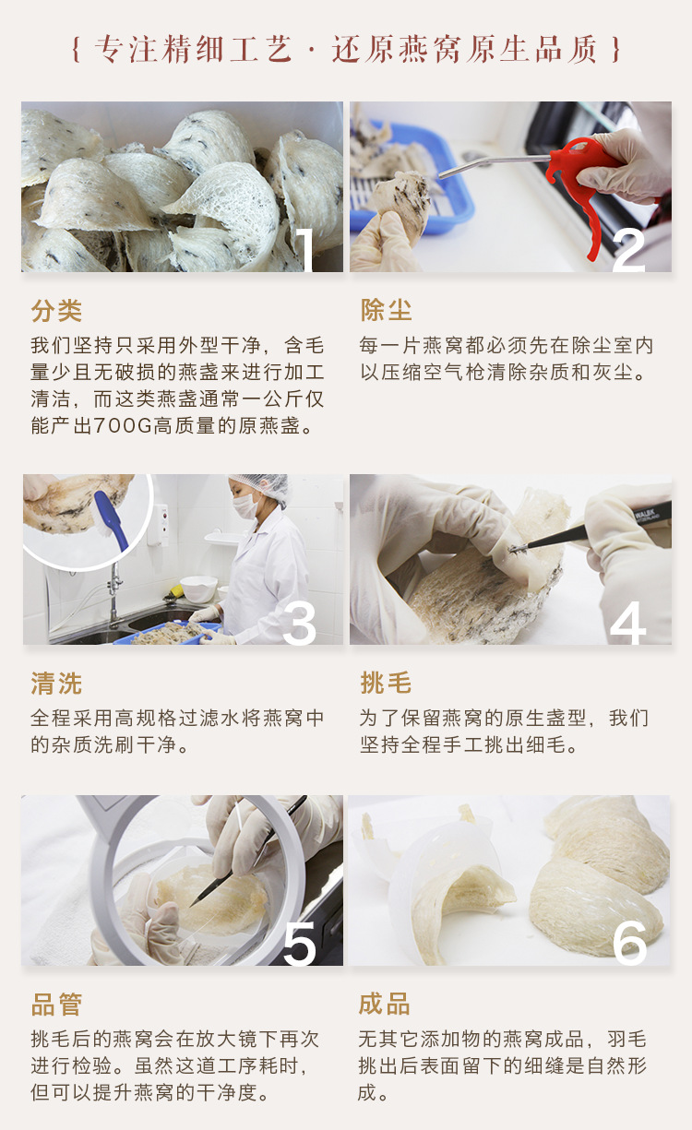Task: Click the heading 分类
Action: pyautogui.click(x=56, y=310)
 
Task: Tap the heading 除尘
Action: pyautogui.click(x=386, y=310)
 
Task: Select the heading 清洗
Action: pyautogui.click(x=56, y=684)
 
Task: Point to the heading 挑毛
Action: pyautogui.click(x=386, y=684)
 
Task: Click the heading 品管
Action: pyautogui.click(x=56, y=1005)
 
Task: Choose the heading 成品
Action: pyautogui.click(x=386, y=1005)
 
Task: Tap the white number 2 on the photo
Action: pyautogui.click(x=629, y=247)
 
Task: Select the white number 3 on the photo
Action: pyautogui.click(x=300, y=620)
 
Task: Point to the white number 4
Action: pyautogui.click(x=629, y=620)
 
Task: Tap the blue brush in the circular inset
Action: pyautogui.click(x=109, y=517)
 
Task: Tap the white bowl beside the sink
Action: pyautogui.click(x=197, y=588)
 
